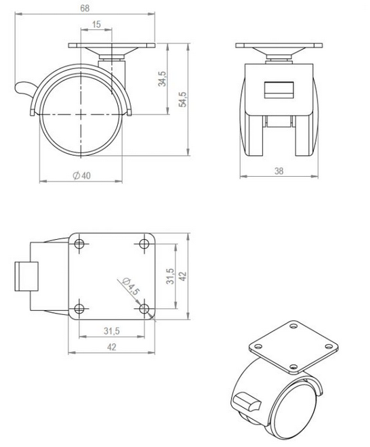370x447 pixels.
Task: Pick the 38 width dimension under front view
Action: (x=279, y=171)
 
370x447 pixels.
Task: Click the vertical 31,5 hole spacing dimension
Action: (x=171, y=276)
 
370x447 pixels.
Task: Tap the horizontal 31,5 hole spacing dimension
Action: (x=112, y=331)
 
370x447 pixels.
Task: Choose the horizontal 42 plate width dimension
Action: (x=112, y=347)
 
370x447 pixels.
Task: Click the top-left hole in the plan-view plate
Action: (x=79, y=243)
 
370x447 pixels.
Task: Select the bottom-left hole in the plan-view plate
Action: (x=79, y=309)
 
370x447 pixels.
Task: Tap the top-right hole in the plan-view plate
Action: (x=146, y=243)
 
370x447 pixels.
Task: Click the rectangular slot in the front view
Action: (x=279, y=89)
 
